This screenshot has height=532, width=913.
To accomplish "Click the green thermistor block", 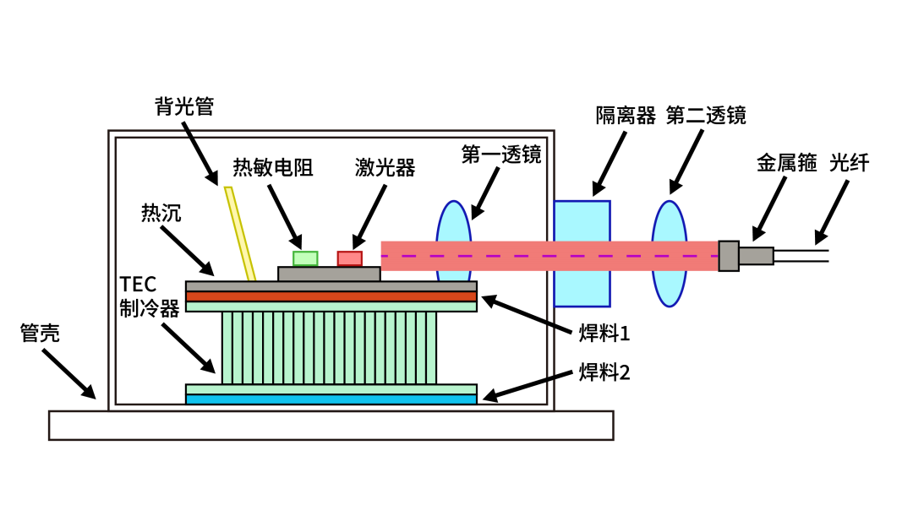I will click(x=305, y=258).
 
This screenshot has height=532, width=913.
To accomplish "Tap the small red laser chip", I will click(x=350, y=258).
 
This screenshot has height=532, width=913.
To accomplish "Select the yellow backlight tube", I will click(x=240, y=233).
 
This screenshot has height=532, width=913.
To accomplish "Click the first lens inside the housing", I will click(x=453, y=253).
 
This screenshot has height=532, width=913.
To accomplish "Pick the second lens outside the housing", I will click(x=668, y=253).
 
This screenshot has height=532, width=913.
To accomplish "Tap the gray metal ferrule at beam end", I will click(x=729, y=256).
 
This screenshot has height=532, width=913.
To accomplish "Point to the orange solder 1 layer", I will click(x=331, y=296).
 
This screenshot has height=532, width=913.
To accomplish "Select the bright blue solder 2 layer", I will click(x=331, y=399).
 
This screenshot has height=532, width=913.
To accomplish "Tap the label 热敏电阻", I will click(x=273, y=168).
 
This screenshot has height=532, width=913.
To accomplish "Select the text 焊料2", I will click(x=604, y=372).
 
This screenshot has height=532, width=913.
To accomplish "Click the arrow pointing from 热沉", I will click(x=189, y=251).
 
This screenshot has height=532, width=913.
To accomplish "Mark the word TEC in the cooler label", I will click(x=138, y=284).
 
